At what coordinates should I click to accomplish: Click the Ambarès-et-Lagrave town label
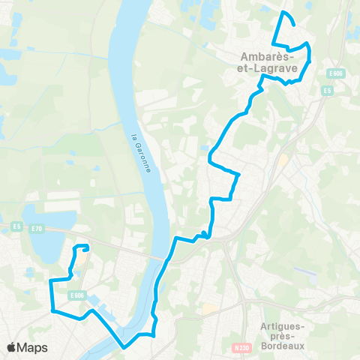270,61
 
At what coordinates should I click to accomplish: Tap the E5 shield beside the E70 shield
16,225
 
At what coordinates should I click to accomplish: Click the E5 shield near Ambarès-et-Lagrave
328,91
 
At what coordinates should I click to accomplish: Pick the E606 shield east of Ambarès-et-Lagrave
334,73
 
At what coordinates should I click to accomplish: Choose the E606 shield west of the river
76,295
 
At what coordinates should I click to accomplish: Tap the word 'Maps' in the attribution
33,347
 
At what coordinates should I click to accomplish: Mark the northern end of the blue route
282,13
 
